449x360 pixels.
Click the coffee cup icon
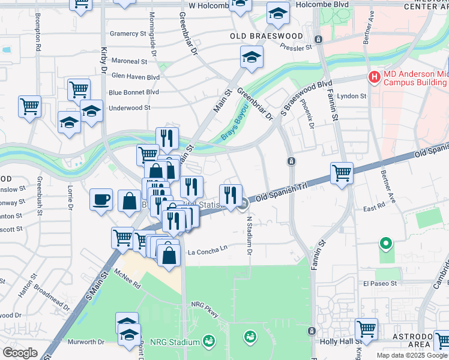coord(101,199)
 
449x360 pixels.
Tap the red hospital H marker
coord(375,77)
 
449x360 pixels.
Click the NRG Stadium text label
coord(175,342)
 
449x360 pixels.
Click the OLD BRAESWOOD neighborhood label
coord(259,36)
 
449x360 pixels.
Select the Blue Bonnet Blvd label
coord(134,92)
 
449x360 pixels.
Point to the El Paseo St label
coord(381,283)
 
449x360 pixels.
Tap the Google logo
coord(20,352)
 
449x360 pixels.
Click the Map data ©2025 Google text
coord(412,355)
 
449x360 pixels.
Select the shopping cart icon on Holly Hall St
coord(366,329)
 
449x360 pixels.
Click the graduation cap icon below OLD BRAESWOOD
coord(252,58)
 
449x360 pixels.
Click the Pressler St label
coord(296,46)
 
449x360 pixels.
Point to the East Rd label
coord(373,208)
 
